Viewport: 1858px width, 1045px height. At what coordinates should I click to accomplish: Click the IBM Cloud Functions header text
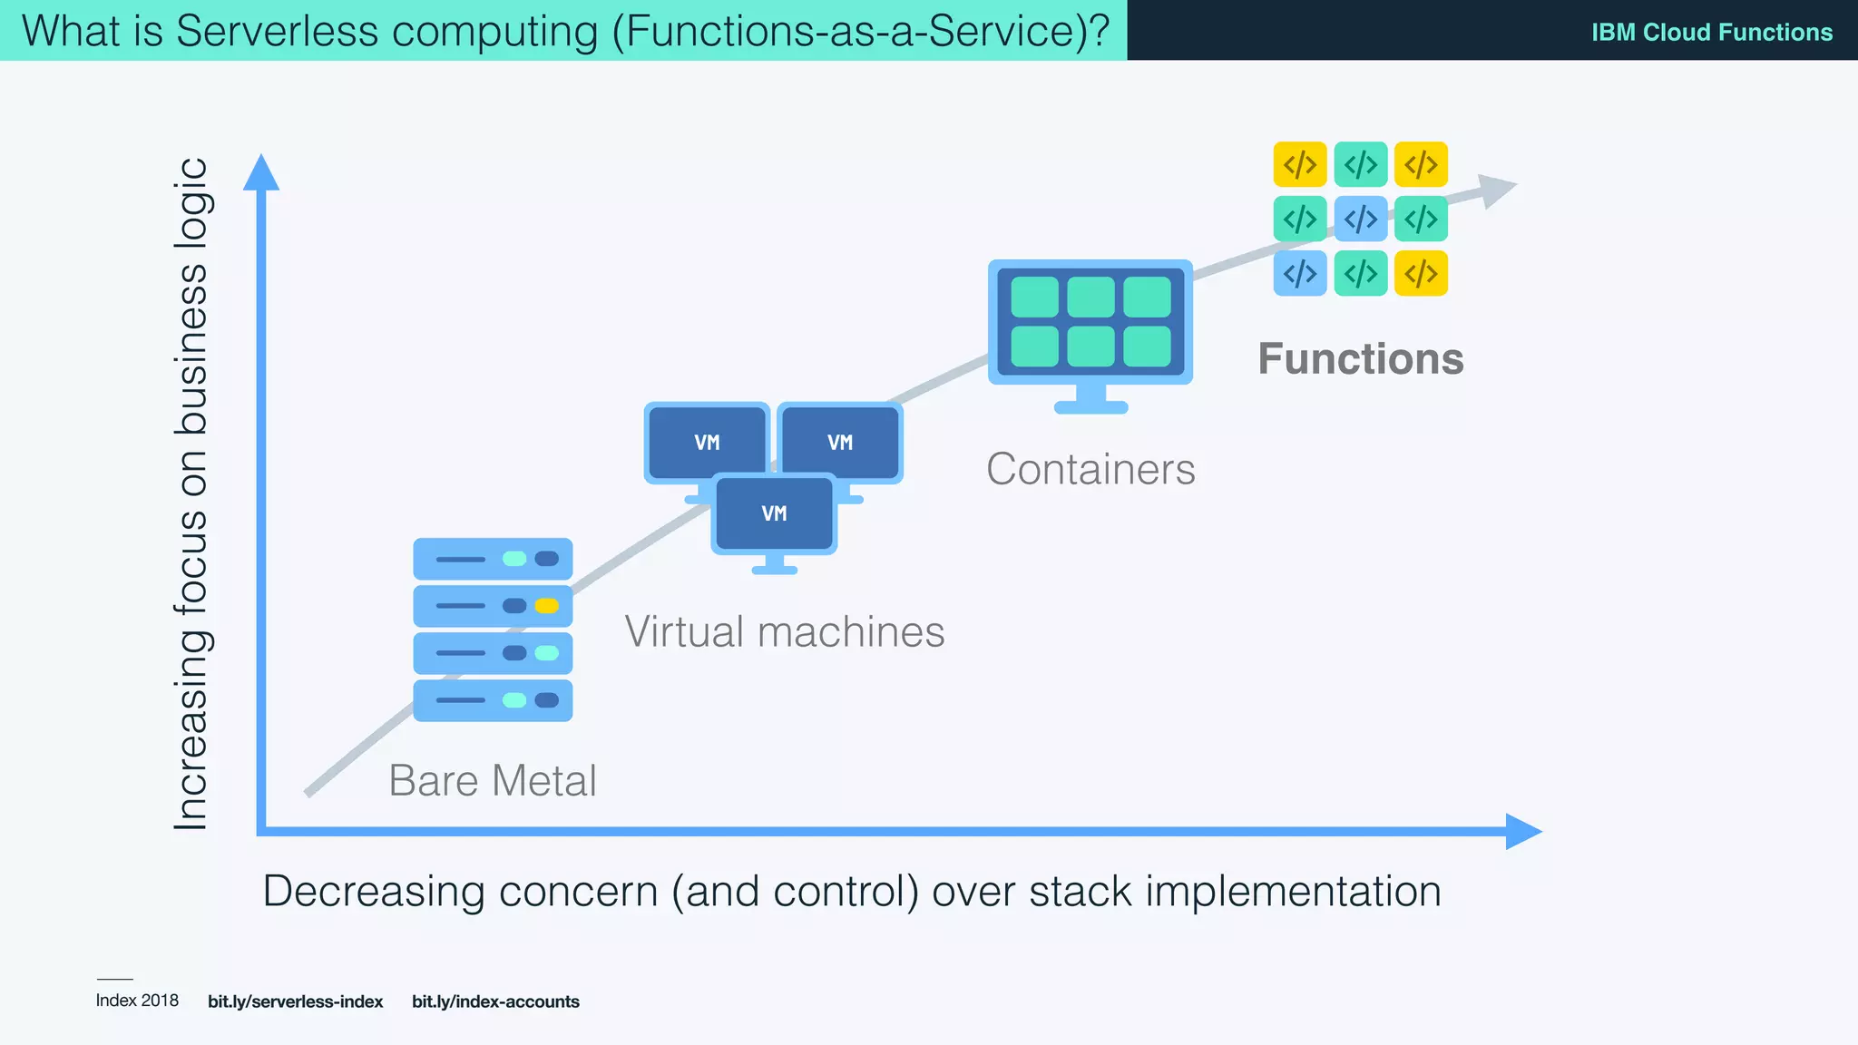coord(1711,32)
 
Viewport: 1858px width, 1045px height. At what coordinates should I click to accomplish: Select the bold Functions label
coord(1360,359)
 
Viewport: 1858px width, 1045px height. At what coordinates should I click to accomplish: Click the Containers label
coord(1090,470)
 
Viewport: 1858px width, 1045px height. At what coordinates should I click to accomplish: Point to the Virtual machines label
coord(785,632)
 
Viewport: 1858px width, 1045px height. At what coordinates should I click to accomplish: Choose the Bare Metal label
coord(493,781)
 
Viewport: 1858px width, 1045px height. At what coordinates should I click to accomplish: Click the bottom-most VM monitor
coord(774,514)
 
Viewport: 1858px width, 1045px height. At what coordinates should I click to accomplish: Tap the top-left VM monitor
coord(707,443)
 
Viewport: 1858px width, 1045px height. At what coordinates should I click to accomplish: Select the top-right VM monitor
coord(840,443)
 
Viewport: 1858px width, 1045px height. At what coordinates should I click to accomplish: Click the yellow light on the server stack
coord(546,606)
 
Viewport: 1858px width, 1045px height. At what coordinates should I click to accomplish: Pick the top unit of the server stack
coord(493,559)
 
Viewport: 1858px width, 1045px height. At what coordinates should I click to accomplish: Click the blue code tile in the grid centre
coord(1360,219)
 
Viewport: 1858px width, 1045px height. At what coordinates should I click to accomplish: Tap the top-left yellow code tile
coord(1300,164)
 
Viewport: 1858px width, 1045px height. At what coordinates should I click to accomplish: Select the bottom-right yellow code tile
coord(1421,273)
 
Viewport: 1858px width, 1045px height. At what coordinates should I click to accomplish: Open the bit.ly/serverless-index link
coord(295,1001)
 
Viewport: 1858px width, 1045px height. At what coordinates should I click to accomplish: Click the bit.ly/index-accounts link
coord(495,1001)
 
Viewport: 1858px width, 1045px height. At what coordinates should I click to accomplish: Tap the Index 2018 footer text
coord(137,1001)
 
